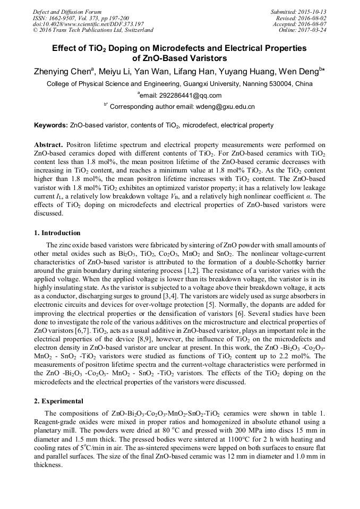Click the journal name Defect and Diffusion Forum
(x=67, y=12)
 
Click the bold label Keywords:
(x=51, y=126)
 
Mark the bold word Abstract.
(x=49, y=145)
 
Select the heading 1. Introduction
(x=57, y=233)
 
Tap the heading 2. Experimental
(x=58, y=401)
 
